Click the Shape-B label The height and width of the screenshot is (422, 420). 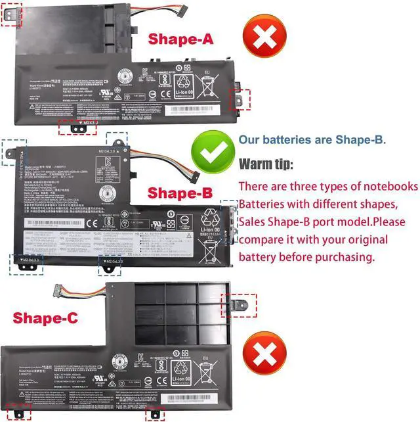click(x=180, y=193)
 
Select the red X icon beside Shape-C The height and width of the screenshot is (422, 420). click(x=264, y=355)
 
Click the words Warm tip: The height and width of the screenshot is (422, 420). click(x=266, y=164)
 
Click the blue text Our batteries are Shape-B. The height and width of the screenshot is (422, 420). click(x=312, y=140)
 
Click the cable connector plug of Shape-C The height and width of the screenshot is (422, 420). click(x=56, y=290)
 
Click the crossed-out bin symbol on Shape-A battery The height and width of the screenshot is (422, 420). click(x=207, y=87)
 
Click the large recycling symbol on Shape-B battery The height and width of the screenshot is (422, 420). click(x=213, y=220)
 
